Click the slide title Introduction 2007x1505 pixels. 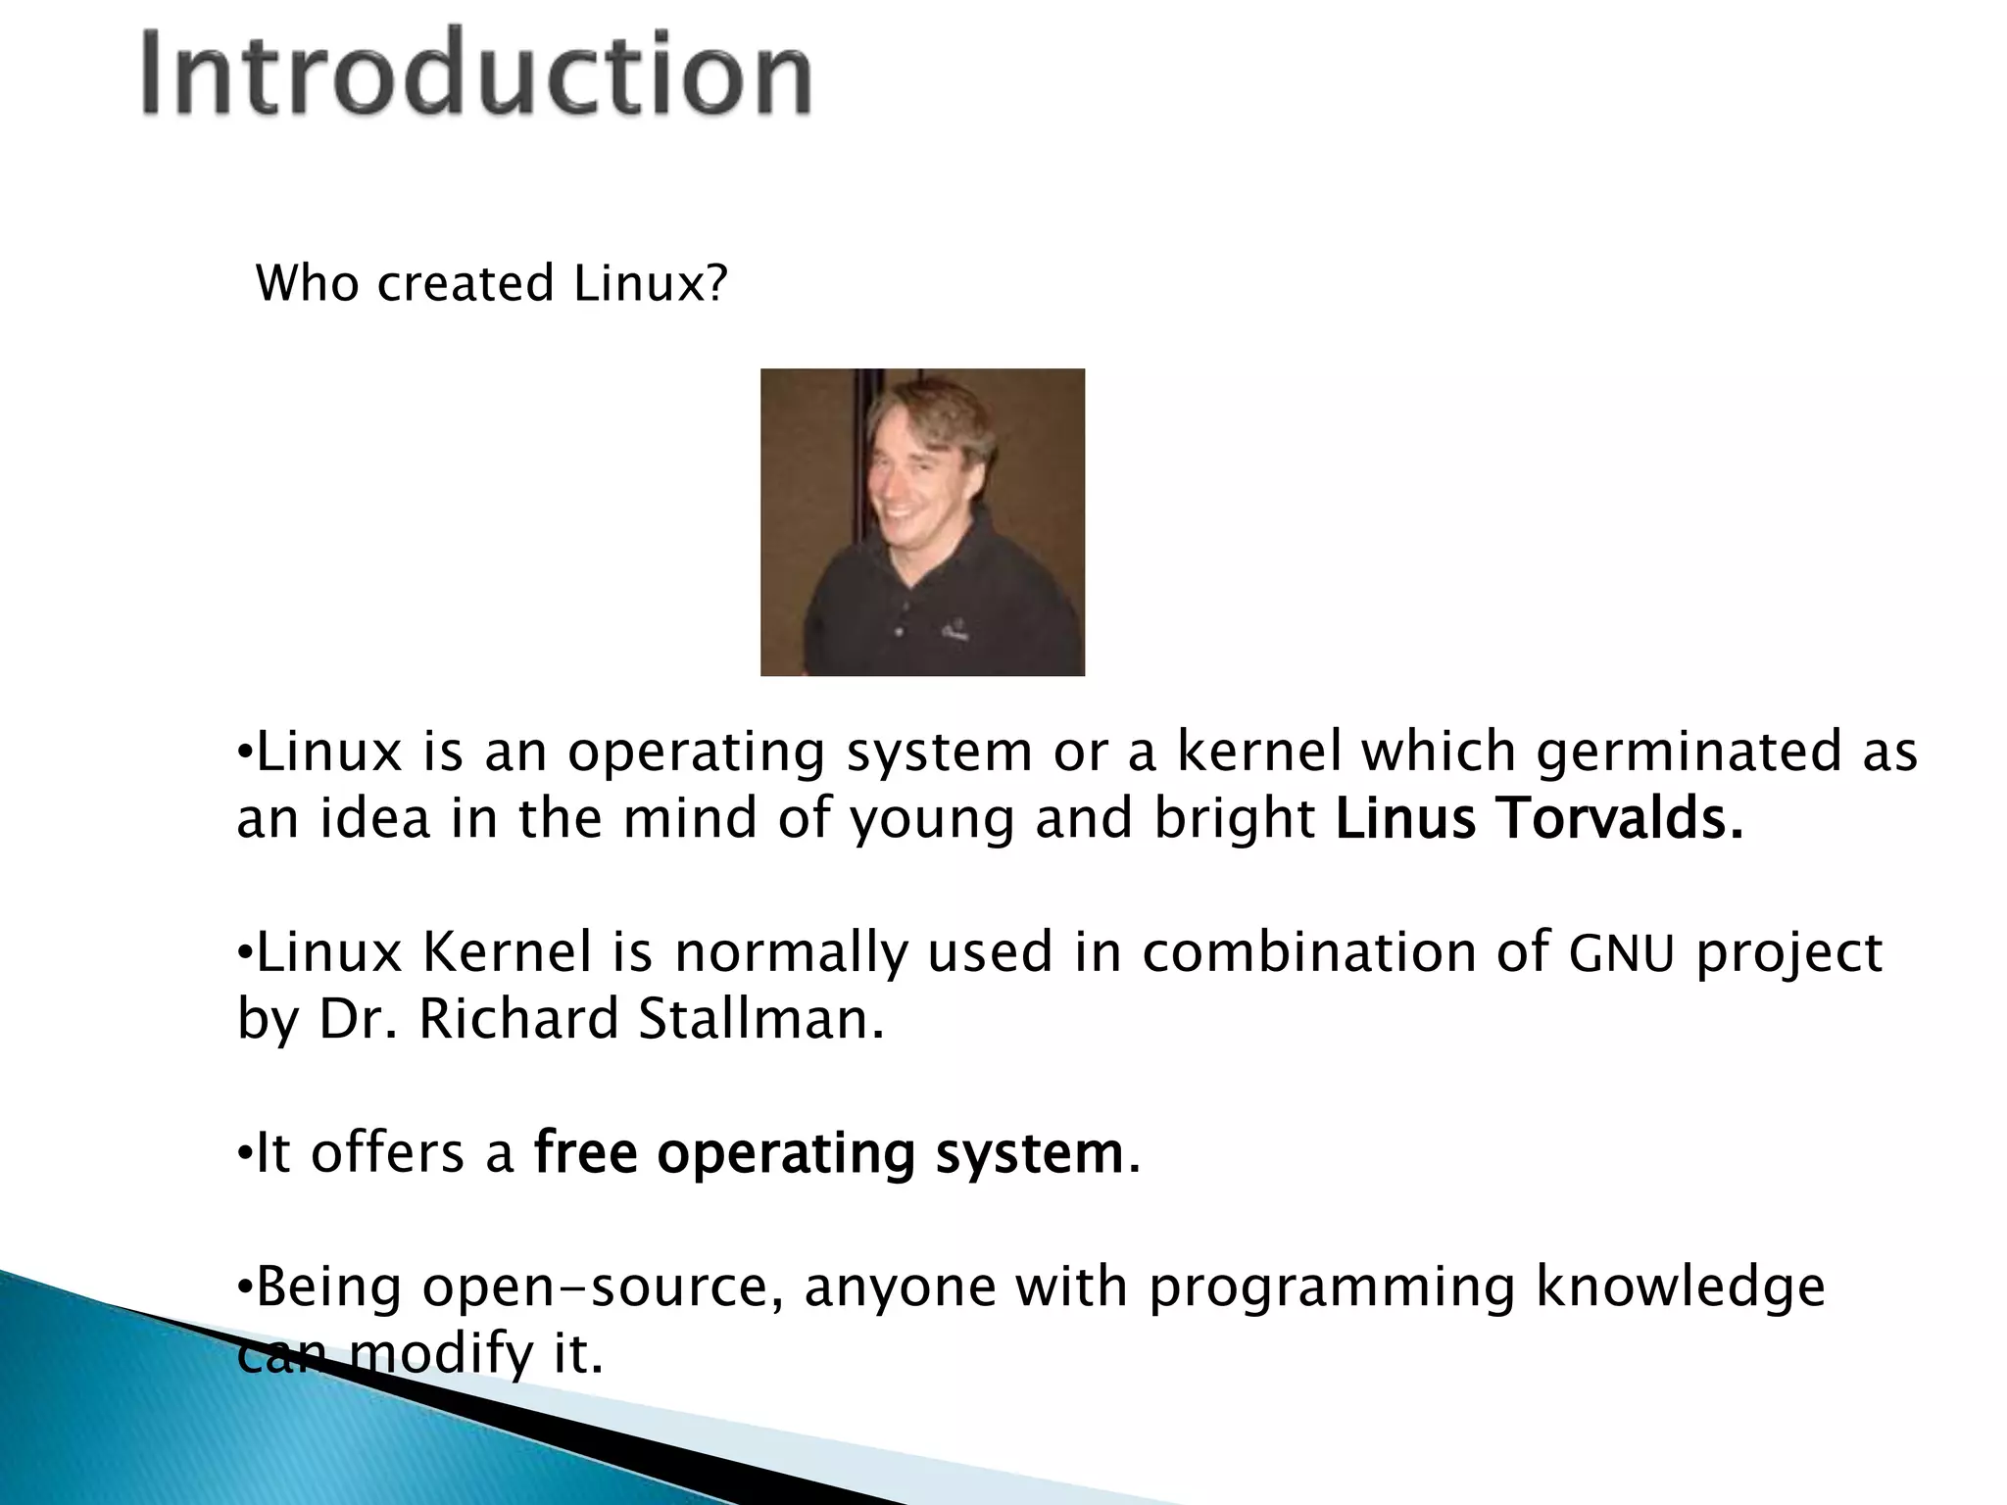click(476, 74)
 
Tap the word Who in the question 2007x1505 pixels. click(308, 283)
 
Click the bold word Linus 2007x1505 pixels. click(1405, 819)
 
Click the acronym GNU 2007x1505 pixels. click(1622, 953)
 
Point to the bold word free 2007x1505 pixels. click(585, 1153)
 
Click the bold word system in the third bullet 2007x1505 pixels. click(1029, 1154)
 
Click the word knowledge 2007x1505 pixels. click(1680, 1287)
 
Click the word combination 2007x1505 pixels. click(1309, 952)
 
